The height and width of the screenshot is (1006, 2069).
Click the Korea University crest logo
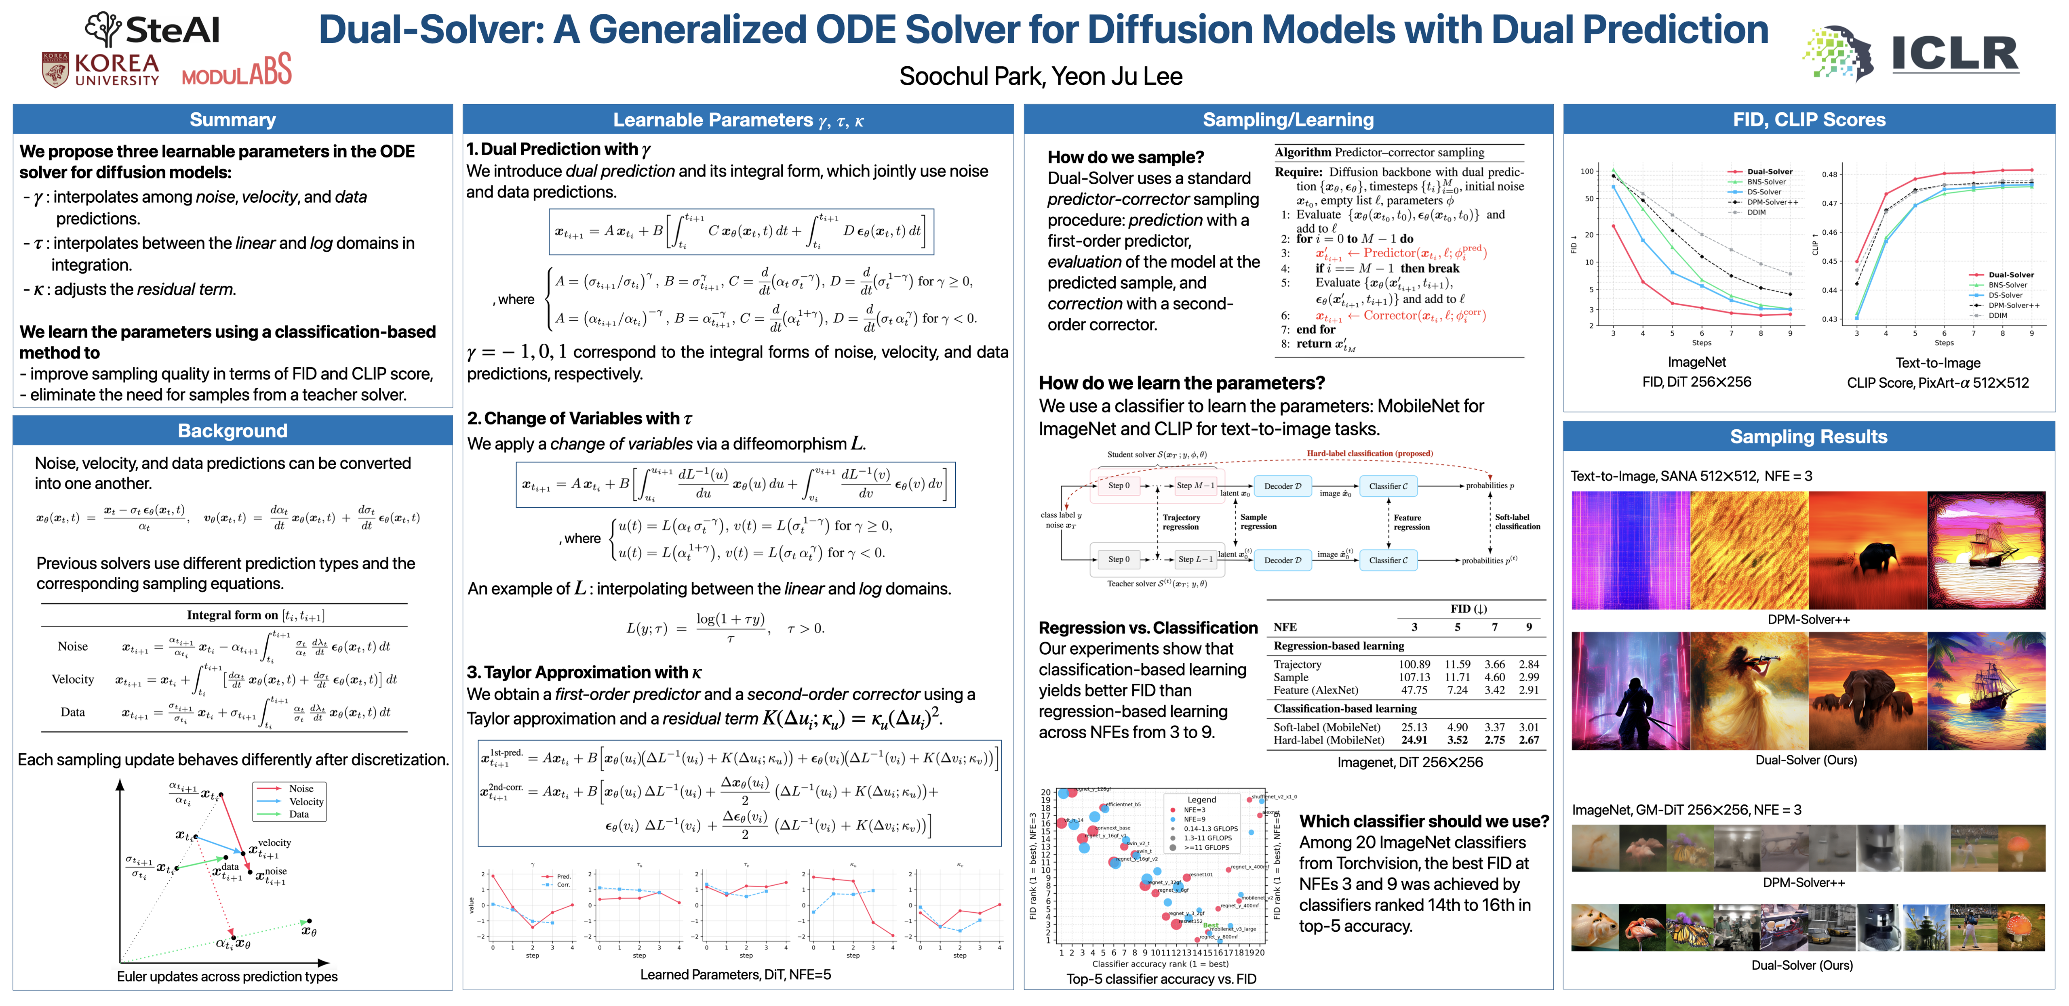(55, 70)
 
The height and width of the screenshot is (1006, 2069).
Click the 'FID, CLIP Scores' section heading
(1809, 120)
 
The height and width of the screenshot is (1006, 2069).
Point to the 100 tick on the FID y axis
(1587, 171)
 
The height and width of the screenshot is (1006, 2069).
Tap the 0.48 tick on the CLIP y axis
(1829, 174)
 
